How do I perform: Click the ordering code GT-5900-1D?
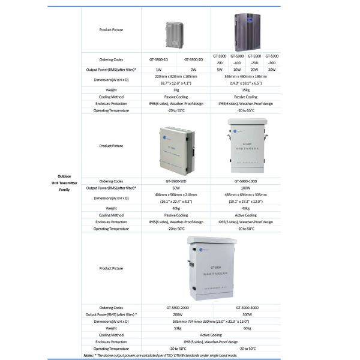(158, 59)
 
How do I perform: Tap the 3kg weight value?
(176, 89)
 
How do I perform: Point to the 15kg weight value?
(245, 89)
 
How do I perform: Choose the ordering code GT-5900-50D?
(176, 181)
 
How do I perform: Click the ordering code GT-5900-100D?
(245, 181)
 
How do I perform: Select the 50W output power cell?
(176, 188)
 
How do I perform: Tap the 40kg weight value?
(176, 208)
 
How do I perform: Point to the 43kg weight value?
(245, 208)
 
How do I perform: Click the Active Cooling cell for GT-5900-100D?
(245, 215)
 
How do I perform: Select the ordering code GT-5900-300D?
(245, 307)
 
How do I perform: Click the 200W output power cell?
(176, 314)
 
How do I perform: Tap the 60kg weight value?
(245, 328)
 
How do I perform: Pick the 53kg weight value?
(176, 328)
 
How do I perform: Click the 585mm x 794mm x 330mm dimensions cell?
(211, 321)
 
